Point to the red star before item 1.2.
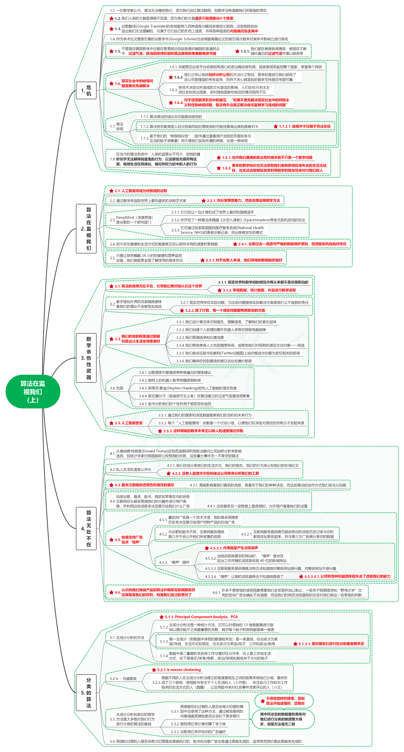click(111, 18)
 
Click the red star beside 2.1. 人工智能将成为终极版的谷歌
click(111, 191)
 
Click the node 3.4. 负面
click(117, 388)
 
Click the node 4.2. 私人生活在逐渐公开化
click(131, 469)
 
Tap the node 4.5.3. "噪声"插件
click(174, 562)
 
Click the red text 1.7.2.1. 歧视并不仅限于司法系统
click(305, 126)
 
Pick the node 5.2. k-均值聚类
click(123, 678)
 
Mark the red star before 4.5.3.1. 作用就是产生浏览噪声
click(207, 548)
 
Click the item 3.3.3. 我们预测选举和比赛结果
click(200, 338)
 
